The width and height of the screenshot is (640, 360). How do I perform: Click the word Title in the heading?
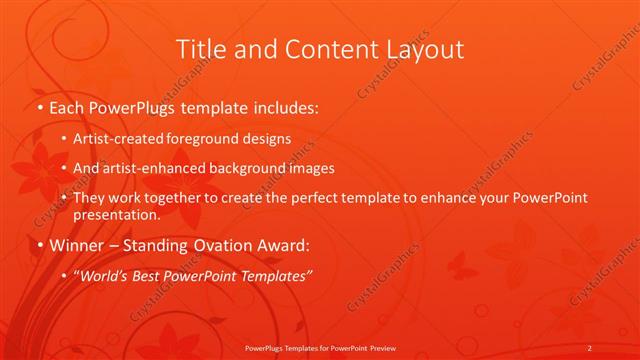click(200, 49)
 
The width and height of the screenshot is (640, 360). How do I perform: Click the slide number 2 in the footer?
click(590, 348)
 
